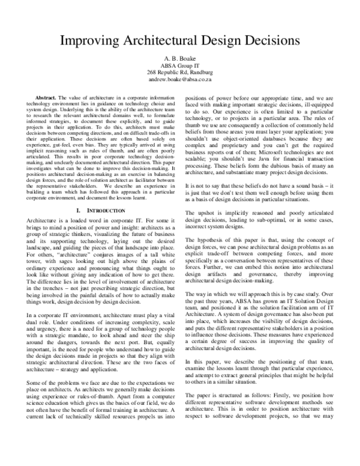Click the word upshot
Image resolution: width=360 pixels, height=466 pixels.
(x=206, y=214)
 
